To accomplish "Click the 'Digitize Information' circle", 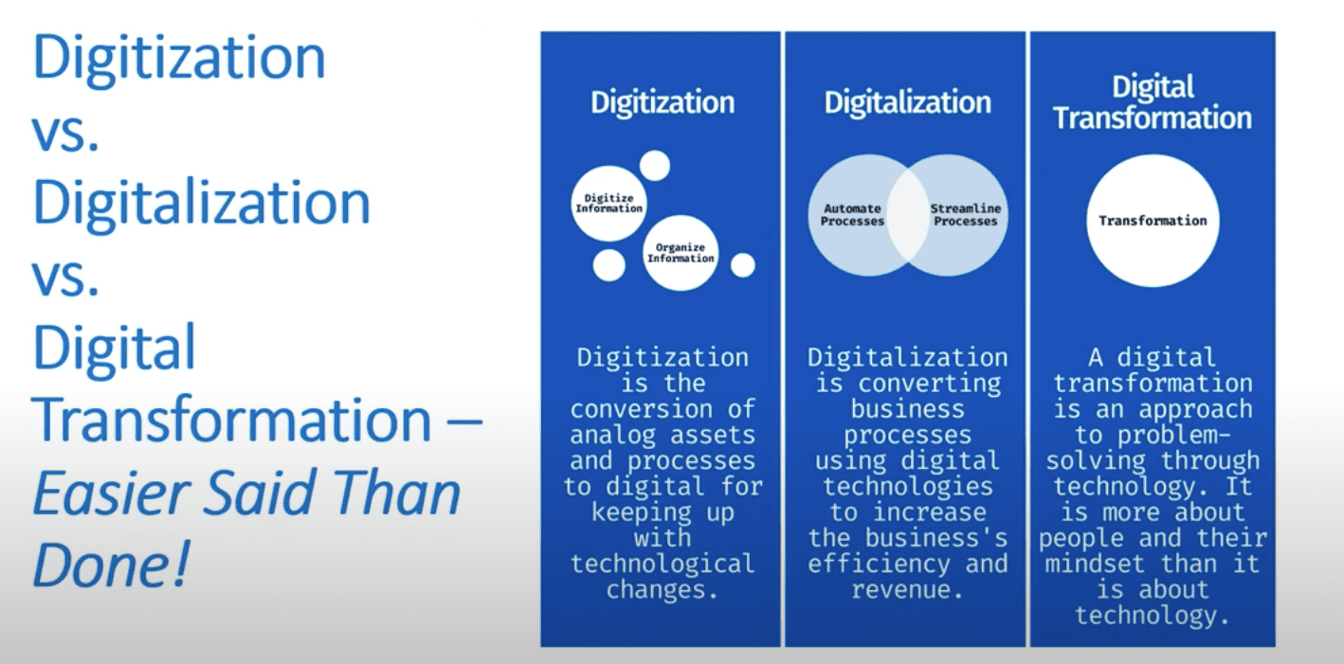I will point(608,204).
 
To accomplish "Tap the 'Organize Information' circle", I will point(680,253).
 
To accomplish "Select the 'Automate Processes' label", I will point(852,215).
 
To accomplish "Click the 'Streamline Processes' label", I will point(964,215).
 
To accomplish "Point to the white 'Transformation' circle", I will point(1153,221).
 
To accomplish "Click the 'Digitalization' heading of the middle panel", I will point(907,102).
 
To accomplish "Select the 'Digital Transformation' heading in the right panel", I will point(1153,103).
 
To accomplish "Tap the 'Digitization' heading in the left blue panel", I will point(663,102).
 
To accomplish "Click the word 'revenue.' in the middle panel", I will point(906,589).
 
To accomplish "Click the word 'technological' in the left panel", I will point(663,564).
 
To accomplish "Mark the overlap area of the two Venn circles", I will point(907,215).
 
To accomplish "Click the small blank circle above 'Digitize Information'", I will point(654,166).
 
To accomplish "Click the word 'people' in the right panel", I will point(1082,538).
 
